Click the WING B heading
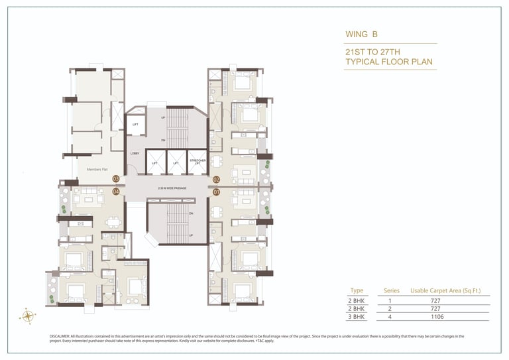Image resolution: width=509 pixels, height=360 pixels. click(x=360, y=34)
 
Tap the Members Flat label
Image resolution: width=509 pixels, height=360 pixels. click(x=97, y=169)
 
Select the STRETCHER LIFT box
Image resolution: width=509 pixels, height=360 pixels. click(x=198, y=161)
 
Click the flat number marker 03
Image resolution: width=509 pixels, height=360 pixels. click(x=115, y=179)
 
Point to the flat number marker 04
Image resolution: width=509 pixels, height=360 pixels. click(x=115, y=192)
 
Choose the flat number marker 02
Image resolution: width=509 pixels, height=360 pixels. click(x=216, y=180)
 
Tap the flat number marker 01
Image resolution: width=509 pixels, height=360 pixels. click(x=216, y=192)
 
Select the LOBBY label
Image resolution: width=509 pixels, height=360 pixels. click(x=135, y=154)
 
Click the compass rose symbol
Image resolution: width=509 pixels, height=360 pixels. click(x=28, y=316)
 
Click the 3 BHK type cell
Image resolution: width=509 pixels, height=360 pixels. click(x=357, y=318)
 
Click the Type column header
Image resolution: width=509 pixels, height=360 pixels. click(x=357, y=290)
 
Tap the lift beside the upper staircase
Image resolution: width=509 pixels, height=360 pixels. click(x=135, y=124)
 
